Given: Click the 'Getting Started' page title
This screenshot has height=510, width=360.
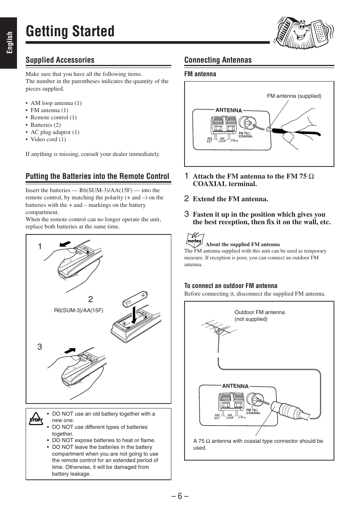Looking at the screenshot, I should [x=70, y=31].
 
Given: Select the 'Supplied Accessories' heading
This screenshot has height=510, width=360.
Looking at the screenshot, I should [x=60, y=60].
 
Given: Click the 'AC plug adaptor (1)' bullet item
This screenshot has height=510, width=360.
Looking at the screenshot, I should [x=55, y=132].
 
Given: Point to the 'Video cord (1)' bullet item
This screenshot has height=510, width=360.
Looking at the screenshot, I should [x=48, y=139].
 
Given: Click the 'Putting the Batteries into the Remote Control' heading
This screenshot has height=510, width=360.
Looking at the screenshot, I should [x=97, y=176].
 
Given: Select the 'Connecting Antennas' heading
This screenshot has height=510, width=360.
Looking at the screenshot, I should [x=218, y=60].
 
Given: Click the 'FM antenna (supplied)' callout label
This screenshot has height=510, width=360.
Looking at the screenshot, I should [x=294, y=96].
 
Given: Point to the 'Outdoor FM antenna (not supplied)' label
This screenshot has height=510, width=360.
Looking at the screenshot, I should [x=259, y=316].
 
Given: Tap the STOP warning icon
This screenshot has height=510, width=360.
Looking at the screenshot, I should [x=36, y=418].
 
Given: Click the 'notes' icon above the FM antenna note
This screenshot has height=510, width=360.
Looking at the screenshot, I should [x=195, y=240].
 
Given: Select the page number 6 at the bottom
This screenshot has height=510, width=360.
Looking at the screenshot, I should [x=180, y=496].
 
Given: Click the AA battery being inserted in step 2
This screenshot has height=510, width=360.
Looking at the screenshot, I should [x=135, y=299].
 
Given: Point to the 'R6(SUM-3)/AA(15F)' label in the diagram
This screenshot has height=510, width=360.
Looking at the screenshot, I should [x=78, y=310].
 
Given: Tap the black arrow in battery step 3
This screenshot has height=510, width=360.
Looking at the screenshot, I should [x=70, y=351].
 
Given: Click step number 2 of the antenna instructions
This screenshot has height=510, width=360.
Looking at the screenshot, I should [x=186, y=199].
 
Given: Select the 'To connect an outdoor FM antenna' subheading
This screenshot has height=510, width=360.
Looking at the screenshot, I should [x=231, y=286].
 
